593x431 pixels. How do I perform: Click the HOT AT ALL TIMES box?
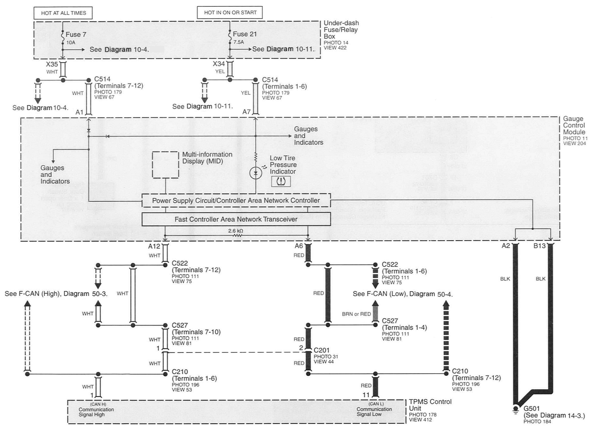(x=63, y=13)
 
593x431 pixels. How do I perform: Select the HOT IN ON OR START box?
(x=230, y=12)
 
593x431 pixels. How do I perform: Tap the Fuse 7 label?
(x=76, y=35)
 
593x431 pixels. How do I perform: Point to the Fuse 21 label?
(x=245, y=34)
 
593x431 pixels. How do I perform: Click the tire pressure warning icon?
(x=281, y=181)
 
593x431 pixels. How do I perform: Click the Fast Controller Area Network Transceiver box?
(x=236, y=219)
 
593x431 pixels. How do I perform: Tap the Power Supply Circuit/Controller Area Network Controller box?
(x=236, y=200)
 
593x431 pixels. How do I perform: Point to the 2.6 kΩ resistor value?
(x=236, y=231)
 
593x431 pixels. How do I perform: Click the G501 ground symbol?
(x=516, y=410)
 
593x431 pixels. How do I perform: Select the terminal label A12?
(x=154, y=246)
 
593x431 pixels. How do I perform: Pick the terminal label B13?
(x=539, y=246)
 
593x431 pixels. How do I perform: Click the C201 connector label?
(x=322, y=350)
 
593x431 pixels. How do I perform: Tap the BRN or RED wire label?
(x=356, y=314)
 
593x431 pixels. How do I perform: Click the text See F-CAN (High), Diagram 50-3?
(x=56, y=294)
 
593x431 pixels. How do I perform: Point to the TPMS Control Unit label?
(x=430, y=405)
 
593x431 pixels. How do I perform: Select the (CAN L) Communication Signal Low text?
(x=374, y=409)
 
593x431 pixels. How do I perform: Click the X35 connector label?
(x=52, y=64)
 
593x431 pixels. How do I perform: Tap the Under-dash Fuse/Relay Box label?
(x=341, y=30)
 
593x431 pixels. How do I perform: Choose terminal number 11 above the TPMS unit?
(x=366, y=395)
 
